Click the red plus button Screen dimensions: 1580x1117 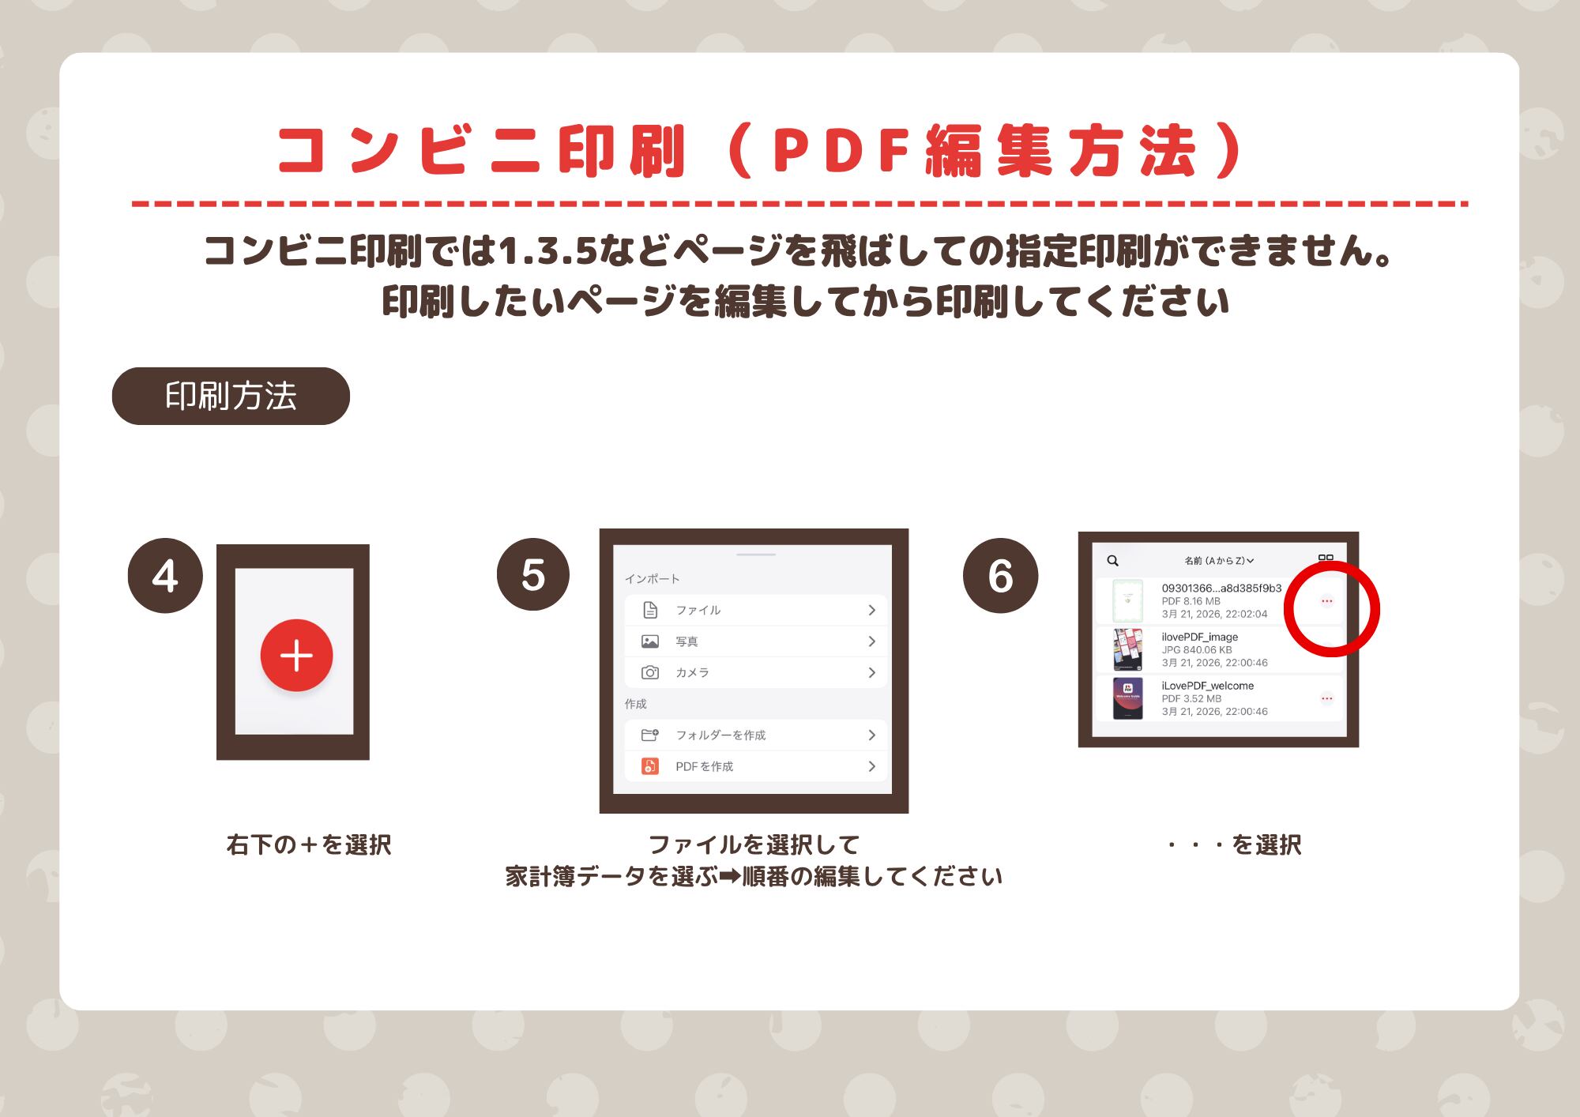296,655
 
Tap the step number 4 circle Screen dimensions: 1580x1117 165,575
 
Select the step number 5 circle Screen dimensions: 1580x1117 533,574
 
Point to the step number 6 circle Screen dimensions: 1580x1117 1000,575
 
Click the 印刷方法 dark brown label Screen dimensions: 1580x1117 231,396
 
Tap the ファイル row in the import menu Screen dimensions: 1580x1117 756,610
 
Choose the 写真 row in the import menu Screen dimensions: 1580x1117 756,641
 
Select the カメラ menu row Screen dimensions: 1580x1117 756,672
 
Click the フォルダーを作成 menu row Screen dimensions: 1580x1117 756,735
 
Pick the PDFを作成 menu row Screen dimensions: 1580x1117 756,766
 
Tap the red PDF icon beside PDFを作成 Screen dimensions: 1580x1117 650,766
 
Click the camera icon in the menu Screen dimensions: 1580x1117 650,672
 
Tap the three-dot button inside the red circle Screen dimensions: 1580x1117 1327,601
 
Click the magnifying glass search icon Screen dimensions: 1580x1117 1112,561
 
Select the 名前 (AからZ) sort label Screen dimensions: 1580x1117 1219,561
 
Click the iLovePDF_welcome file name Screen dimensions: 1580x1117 1207,686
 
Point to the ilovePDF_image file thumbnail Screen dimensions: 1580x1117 1127,649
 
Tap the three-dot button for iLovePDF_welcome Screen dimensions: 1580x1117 1327,698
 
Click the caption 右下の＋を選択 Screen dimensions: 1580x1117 309,845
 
